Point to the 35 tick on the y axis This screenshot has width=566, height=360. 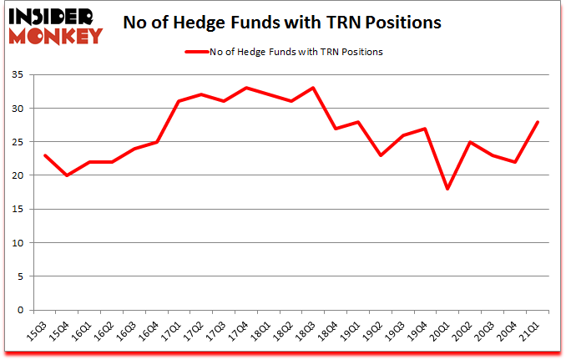(18, 75)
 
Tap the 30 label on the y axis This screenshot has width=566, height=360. (18, 109)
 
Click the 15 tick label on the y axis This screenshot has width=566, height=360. (18, 210)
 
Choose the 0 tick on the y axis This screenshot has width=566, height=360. (21, 310)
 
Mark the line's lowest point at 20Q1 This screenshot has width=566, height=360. (448, 189)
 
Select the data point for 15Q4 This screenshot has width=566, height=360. (67, 175)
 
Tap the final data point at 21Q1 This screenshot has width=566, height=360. (538, 122)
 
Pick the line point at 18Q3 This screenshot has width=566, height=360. (313, 88)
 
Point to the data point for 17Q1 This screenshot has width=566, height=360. (179, 101)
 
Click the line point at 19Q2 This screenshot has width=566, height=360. (381, 155)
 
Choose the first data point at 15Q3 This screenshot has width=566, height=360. (44, 155)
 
